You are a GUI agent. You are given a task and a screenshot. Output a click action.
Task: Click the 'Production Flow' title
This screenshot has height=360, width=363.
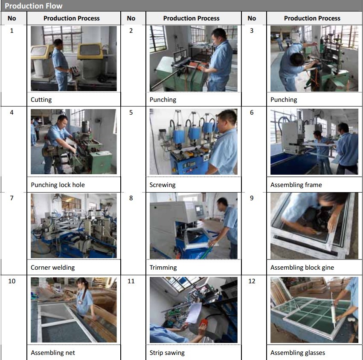(x=34, y=6)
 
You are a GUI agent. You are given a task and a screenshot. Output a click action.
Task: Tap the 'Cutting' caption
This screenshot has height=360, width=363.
(x=41, y=100)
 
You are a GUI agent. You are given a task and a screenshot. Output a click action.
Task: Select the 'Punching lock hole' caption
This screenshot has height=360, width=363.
(x=58, y=185)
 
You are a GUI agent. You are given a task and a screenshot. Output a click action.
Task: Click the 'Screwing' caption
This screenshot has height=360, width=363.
(x=163, y=185)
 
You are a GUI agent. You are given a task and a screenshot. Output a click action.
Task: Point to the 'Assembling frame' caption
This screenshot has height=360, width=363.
(x=296, y=185)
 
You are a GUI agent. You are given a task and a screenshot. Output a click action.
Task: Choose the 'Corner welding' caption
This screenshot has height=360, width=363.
(x=53, y=267)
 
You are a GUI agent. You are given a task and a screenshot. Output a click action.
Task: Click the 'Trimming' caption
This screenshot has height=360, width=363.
(x=163, y=267)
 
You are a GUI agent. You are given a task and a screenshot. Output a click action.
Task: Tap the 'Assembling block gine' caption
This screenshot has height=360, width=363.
(x=302, y=267)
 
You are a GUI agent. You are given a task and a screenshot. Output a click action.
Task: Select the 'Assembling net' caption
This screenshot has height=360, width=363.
(x=53, y=353)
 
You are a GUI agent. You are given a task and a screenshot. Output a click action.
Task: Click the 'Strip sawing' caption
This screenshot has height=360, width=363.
(x=167, y=353)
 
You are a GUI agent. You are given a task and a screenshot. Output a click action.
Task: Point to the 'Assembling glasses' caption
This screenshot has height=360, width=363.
(x=298, y=353)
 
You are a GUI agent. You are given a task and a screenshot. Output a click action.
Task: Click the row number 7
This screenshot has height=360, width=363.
(x=12, y=198)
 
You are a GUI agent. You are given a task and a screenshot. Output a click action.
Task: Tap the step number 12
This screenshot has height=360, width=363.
(x=252, y=281)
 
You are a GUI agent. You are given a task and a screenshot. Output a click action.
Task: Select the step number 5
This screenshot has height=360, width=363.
(x=131, y=112)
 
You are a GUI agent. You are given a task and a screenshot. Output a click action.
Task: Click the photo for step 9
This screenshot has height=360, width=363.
(x=314, y=226)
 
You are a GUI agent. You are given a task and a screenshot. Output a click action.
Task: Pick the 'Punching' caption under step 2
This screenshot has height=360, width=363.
(x=163, y=100)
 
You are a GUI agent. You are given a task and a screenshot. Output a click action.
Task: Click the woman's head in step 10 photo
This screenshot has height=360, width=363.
(x=83, y=283)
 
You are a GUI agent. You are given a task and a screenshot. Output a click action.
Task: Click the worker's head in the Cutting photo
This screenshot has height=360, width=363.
(x=58, y=43)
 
